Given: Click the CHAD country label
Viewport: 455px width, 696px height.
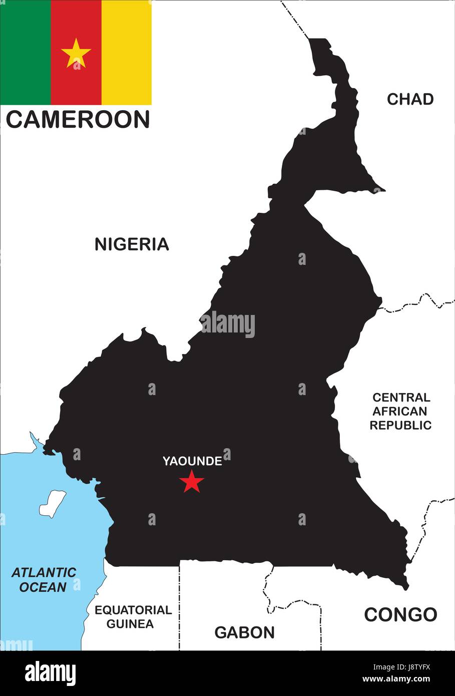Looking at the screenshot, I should (x=410, y=99).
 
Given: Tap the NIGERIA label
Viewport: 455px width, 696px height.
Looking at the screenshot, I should (x=132, y=244).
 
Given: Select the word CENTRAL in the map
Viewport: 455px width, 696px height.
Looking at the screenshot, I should (x=401, y=398).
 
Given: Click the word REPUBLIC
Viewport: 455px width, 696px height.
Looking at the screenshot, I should (x=400, y=425).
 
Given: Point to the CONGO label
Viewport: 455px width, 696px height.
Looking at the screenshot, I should (x=400, y=614).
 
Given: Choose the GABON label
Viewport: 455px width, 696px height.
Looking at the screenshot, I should (x=244, y=632).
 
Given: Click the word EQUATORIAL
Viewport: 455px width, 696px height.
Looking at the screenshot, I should (x=133, y=610).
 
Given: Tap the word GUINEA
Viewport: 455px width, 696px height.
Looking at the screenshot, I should (x=130, y=624).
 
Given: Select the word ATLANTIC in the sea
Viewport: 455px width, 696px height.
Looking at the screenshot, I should (x=44, y=572).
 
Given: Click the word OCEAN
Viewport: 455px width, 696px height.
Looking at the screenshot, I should (x=43, y=587).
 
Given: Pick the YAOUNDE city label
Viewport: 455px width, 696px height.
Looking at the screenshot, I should (x=192, y=461).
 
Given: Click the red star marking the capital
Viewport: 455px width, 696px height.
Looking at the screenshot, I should (x=192, y=482).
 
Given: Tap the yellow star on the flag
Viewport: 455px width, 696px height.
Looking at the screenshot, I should (x=76, y=53).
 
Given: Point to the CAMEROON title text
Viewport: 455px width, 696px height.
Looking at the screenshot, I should (x=78, y=120).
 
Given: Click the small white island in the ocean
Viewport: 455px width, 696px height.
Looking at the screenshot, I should (x=53, y=503).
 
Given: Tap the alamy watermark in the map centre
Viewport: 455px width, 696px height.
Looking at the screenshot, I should (x=228, y=324).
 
